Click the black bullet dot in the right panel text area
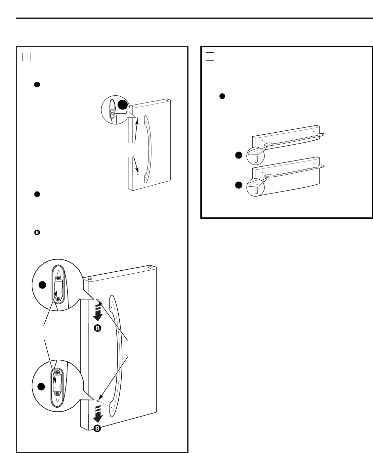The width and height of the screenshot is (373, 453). click(222, 96)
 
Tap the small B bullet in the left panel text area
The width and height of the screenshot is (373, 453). click(37, 233)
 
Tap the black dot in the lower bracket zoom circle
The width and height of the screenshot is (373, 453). click(42, 386)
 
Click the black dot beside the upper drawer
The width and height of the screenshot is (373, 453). click(238, 155)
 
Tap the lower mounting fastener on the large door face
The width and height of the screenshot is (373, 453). click(98, 401)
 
